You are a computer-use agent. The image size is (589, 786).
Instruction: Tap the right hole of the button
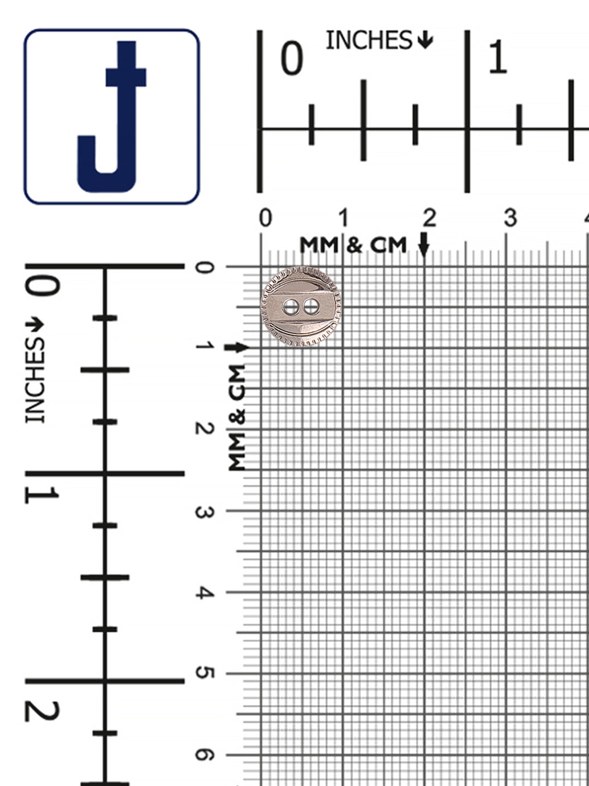point(311,307)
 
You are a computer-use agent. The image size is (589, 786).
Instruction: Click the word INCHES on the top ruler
point(369,40)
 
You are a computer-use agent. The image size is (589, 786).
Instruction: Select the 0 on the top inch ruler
point(292,58)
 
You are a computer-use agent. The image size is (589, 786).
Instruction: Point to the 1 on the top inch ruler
point(497,57)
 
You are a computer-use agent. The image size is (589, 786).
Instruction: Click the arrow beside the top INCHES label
point(424,40)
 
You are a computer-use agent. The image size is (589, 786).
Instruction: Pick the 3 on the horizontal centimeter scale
point(510,218)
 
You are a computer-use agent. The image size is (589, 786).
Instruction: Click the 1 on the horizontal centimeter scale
point(344,218)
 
